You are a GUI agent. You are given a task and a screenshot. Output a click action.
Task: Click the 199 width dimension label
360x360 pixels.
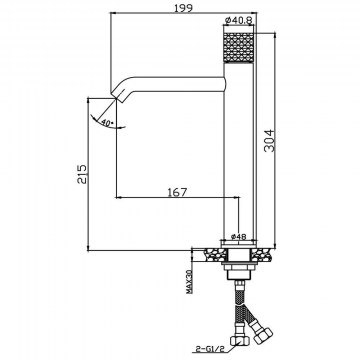[x=183, y=7]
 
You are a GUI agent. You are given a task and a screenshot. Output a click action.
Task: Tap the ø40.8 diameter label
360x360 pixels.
[x=238, y=20]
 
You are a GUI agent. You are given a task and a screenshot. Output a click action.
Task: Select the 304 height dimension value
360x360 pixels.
[x=269, y=141]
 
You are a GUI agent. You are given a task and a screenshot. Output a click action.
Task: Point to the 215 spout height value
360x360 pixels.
[x=82, y=173]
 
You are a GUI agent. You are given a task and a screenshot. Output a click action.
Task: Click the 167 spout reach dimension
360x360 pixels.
[x=177, y=192]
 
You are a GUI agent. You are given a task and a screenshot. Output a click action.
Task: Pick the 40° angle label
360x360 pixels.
[x=107, y=123]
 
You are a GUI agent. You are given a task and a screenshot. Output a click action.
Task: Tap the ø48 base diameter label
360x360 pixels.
[x=238, y=236]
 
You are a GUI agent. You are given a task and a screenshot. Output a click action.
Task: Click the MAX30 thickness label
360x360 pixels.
[x=189, y=282]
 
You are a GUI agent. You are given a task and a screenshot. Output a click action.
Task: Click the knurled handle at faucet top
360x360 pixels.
[x=238, y=47]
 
